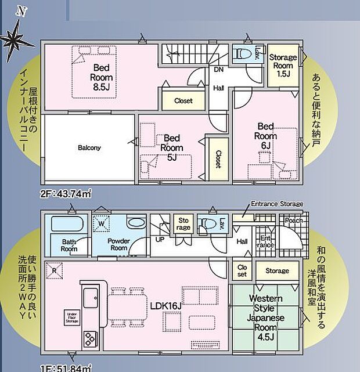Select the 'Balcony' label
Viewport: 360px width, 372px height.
[89, 147]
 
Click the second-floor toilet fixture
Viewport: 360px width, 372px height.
[240, 55]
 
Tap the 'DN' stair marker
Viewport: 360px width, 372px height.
[219, 70]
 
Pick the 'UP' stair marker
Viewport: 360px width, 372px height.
[159, 239]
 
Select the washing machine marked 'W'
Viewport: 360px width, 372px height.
[101, 223]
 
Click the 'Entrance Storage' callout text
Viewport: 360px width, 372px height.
[276, 204]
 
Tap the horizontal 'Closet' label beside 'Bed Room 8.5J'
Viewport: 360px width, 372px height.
[183, 100]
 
